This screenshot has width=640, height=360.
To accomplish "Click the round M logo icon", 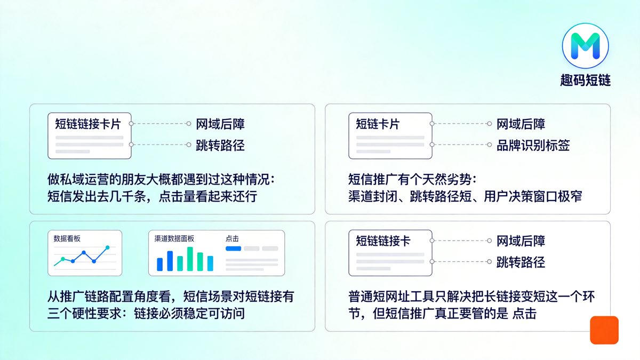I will click(585, 45).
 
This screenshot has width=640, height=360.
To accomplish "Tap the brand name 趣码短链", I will click(585, 81).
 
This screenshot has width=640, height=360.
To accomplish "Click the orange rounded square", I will click(604, 330).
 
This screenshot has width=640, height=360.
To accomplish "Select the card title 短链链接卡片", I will click(88, 124).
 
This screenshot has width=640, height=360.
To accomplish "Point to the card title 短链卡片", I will click(378, 124).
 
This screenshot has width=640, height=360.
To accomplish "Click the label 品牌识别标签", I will click(533, 145).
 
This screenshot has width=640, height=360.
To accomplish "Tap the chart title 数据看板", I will click(67, 238).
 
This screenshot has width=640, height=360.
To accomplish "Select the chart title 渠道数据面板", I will click(174, 238).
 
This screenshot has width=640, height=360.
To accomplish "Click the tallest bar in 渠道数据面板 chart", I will click(190, 259).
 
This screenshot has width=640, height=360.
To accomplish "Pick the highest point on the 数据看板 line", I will click(108, 247).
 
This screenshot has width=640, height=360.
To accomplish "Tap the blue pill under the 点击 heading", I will click(234, 249).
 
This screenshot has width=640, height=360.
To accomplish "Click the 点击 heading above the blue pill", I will click(233, 238).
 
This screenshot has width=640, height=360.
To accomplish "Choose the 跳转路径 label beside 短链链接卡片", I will click(220, 145).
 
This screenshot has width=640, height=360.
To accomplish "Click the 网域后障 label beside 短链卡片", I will click(521, 124).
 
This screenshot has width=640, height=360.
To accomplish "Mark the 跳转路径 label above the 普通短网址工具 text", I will click(521, 262).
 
